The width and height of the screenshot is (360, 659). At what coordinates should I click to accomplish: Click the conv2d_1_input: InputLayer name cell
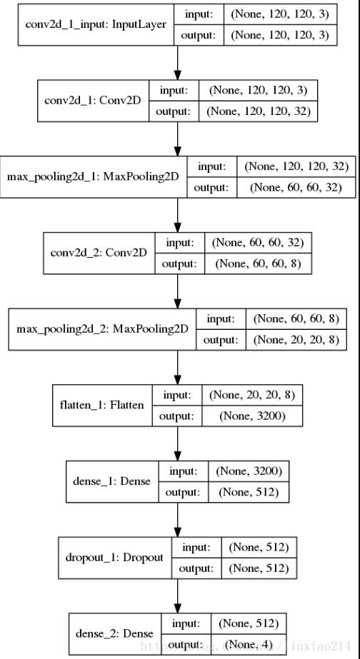coord(96,24)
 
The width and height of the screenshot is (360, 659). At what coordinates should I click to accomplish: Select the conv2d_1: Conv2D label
coord(94,101)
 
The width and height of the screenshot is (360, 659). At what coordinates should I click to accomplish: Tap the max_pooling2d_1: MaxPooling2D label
coord(94,177)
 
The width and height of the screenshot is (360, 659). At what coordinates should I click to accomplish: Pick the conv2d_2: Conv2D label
coord(99,253)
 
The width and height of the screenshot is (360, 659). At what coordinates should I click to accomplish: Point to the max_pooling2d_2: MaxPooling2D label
coord(102,329)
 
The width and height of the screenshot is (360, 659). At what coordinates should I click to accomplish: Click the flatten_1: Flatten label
coord(102,405)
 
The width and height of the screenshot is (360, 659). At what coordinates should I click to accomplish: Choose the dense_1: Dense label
coord(112,481)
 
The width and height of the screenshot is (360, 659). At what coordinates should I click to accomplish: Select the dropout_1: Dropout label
coord(114,558)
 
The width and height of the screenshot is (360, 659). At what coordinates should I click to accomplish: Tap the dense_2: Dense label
coord(114,633)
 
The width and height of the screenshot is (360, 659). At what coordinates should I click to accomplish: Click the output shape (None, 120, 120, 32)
coord(259,111)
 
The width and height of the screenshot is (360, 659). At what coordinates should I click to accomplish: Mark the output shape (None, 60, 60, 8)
coord(259,263)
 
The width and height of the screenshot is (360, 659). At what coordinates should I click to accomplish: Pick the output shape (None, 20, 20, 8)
coord(296,340)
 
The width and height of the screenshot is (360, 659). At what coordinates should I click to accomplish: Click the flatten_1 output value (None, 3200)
coord(252,416)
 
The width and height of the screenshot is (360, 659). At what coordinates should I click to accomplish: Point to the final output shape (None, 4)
coord(249,643)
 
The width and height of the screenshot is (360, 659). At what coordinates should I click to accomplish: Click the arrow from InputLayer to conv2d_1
coord(177,63)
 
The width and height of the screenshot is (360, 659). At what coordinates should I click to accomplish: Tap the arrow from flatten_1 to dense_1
coord(177,443)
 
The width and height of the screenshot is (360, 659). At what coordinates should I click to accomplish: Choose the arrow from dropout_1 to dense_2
coord(177,595)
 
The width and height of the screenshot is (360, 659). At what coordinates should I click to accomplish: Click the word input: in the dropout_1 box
coord(196,547)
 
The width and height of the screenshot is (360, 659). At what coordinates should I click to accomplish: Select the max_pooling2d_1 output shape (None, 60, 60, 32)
coord(296,188)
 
